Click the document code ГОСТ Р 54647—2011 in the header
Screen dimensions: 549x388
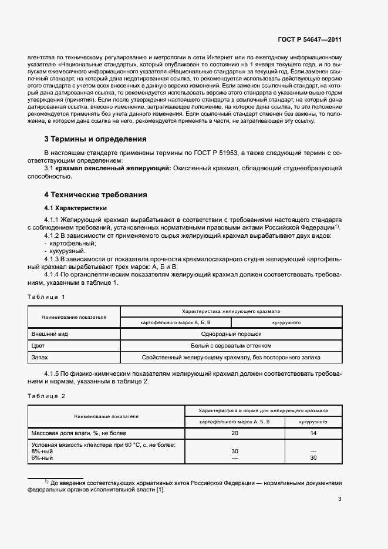(309, 40)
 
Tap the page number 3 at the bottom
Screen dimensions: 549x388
(340, 500)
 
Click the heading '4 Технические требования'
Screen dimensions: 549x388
(96, 194)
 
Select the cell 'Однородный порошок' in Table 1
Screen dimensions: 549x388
(231, 334)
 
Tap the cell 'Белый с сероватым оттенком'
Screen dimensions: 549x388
(231, 345)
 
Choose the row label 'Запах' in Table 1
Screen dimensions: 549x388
(39, 357)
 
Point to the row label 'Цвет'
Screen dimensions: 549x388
(38, 345)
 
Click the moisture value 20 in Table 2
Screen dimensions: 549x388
(235, 433)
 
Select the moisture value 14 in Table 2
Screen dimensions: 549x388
(313, 433)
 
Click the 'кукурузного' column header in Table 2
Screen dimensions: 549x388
(313, 422)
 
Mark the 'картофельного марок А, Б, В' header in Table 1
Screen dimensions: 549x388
(176, 323)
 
